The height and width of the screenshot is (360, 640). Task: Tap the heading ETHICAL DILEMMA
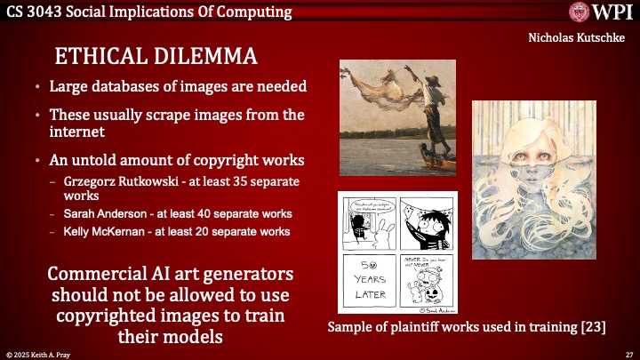coord(156,56)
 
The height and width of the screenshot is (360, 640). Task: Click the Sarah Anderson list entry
coord(178,214)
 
